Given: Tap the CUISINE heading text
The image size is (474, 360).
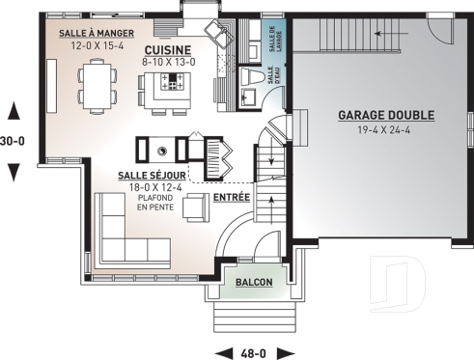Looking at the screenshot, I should [168, 49].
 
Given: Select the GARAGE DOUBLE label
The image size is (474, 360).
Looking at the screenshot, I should [385, 115].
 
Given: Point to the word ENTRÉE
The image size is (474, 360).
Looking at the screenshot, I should [231, 197].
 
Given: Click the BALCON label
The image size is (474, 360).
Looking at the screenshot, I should [252, 282].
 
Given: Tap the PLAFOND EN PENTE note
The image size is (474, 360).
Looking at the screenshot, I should [153, 202].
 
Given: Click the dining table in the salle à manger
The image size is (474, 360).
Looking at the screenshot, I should [97, 83].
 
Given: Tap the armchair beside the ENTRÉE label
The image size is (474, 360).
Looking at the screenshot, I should [197, 207].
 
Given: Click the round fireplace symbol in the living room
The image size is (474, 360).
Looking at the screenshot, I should [161, 149].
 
